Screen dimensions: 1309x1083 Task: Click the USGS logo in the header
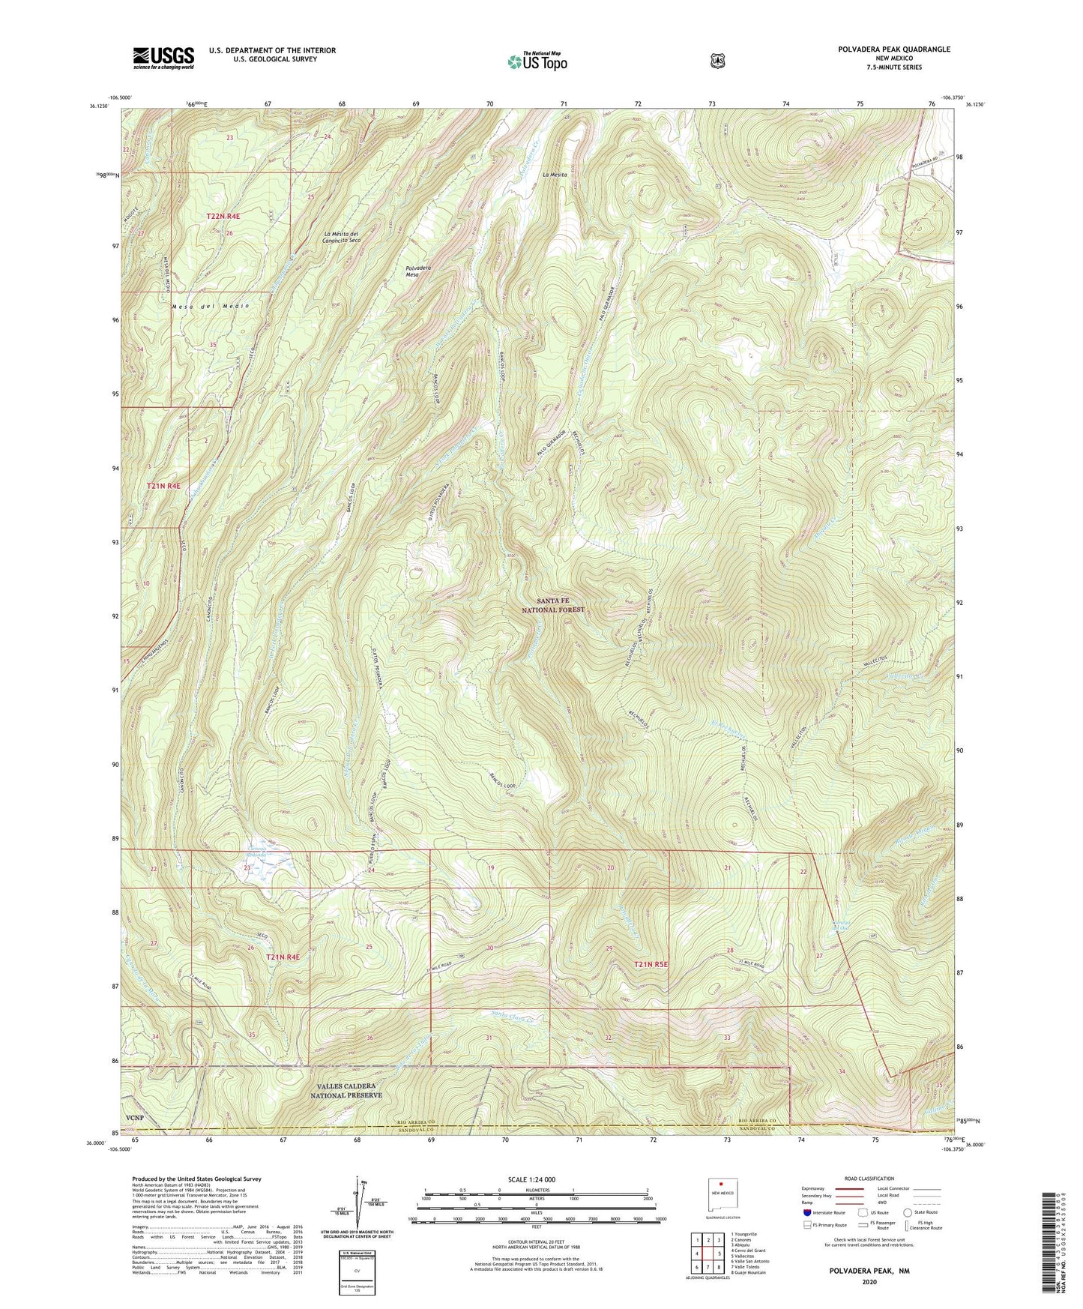pos(163,57)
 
